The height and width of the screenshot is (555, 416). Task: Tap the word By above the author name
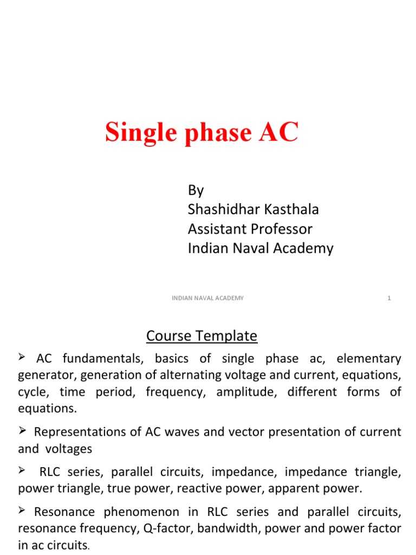196,190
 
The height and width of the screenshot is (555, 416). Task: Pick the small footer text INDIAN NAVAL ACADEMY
208,298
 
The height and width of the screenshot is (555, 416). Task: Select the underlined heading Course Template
201,336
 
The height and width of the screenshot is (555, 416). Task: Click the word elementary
369,359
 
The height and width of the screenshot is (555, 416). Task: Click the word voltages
68,449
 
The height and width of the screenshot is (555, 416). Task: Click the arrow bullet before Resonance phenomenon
23,511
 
